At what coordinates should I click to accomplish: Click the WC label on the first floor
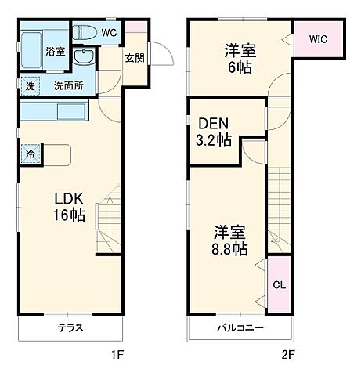pos(108,33)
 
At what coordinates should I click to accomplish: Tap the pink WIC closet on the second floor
pos(318,37)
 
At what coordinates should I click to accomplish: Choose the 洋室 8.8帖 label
pos(230,240)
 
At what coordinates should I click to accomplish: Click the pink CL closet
pos(280,285)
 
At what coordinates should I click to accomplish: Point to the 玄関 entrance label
pos(133,57)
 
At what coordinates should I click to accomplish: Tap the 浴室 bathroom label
pos(54,52)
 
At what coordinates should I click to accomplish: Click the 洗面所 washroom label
pos(67,85)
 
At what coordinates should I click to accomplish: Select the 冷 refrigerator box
pos(29,154)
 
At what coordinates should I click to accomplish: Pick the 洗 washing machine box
pos(28,85)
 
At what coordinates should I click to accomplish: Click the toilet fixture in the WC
pos(84,34)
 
